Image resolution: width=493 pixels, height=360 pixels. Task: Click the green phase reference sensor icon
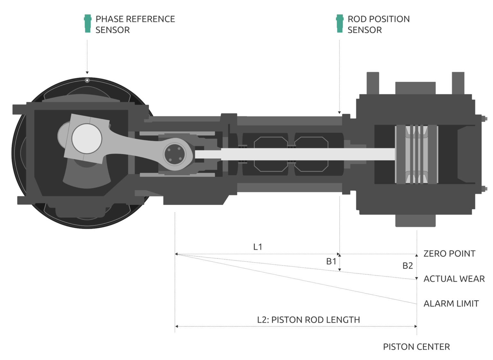(x=87, y=23)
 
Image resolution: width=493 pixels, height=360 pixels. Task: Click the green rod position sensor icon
(x=340, y=23)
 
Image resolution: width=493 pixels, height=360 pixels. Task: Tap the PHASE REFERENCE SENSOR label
(x=135, y=24)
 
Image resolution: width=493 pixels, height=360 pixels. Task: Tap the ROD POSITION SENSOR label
(x=378, y=24)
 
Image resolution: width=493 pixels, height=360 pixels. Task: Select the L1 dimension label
(x=258, y=247)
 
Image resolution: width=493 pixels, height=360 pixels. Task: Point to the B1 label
(x=331, y=261)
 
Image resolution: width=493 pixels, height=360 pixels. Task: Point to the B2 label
(x=407, y=266)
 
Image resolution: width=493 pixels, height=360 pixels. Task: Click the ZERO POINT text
(x=449, y=254)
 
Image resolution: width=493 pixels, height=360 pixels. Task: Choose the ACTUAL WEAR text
(x=454, y=279)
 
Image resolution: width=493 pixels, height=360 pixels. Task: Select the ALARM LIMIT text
(x=451, y=303)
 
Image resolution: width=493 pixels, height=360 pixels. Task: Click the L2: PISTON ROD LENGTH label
(x=308, y=320)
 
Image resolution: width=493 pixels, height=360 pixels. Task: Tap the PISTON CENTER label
(x=416, y=347)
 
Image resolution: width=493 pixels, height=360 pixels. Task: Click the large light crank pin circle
(x=87, y=139)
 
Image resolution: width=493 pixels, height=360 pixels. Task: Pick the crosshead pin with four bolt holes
(x=175, y=154)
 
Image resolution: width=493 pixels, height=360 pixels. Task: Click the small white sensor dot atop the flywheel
(x=87, y=80)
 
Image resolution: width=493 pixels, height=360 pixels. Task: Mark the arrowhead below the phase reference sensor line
(x=87, y=73)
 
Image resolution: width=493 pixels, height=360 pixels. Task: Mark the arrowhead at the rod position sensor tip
(x=339, y=112)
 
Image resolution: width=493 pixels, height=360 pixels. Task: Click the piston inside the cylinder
(x=416, y=154)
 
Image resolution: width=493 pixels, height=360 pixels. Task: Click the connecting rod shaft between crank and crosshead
(x=135, y=146)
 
